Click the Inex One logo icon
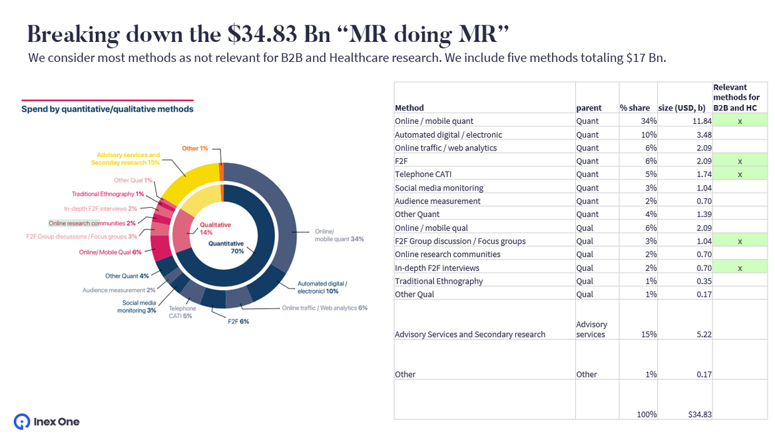point(21,421)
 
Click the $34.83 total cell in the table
point(699,414)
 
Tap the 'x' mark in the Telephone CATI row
point(740,174)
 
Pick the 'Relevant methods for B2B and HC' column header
point(736,97)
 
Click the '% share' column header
point(635,108)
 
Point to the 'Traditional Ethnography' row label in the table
point(438,281)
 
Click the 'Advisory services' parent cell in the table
point(591,329)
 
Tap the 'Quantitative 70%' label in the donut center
point(226,247)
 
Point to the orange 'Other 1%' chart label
point(195,148)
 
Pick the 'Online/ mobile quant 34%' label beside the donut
point(339,235)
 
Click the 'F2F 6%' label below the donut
point(238,322)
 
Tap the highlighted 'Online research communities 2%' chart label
point(92,223)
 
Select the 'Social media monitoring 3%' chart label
point(138,306)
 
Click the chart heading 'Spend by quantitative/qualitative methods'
point(107,109)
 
